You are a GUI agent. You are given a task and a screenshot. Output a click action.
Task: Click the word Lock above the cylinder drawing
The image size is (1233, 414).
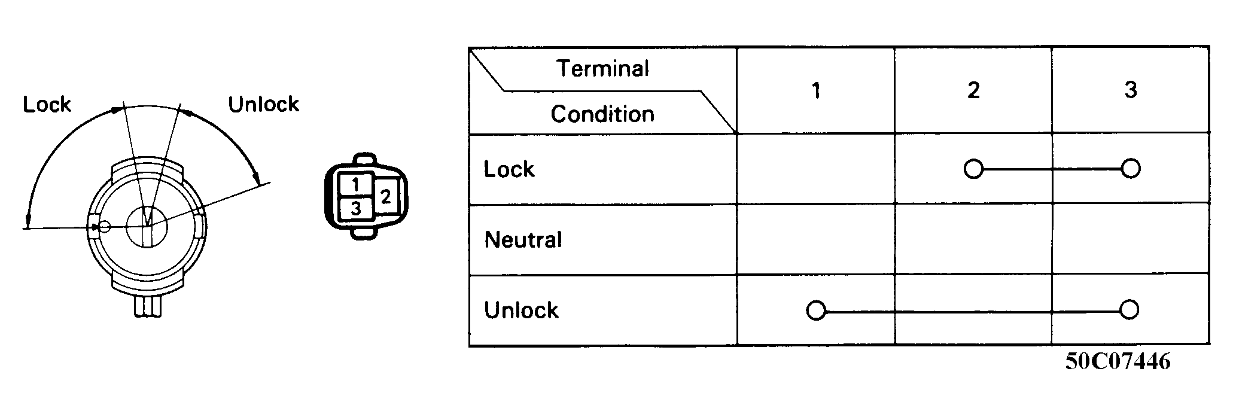point(47,105)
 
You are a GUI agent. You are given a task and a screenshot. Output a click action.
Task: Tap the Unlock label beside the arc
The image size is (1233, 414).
point(263,105)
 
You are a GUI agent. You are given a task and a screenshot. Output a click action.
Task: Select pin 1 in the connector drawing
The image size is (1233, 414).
point(355,184)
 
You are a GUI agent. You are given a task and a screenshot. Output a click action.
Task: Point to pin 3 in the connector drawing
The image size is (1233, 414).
point(355,209)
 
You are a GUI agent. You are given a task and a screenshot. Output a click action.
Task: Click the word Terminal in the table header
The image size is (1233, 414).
point(602,69)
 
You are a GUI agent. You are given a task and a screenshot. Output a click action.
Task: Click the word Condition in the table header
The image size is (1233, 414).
point(602,114)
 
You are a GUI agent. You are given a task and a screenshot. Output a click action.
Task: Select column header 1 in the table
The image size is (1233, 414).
point(816,90)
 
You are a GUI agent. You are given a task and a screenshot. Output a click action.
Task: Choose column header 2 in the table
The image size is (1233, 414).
point(973,90)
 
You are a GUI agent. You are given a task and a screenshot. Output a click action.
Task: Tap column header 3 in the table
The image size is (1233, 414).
point(1130,90)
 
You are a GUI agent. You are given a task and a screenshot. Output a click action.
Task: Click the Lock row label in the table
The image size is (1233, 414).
point(509,169)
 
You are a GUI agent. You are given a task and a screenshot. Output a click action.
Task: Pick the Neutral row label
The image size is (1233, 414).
point(523,240)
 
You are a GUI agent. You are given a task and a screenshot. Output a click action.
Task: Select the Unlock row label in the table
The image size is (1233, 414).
point(521,310)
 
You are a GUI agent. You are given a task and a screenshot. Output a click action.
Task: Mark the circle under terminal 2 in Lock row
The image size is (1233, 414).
point(973,169)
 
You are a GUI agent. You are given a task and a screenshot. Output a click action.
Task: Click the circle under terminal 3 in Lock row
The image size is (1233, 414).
point(1130,169)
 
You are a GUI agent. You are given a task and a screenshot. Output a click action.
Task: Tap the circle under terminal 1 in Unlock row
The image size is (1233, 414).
point(816,311)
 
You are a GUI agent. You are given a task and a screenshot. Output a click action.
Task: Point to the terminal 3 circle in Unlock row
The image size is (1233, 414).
point(1129,310)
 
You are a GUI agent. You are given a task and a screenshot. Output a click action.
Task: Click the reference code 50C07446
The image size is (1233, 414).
point(1118,362)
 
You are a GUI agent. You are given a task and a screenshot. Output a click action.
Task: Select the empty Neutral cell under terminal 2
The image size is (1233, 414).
point(973,240)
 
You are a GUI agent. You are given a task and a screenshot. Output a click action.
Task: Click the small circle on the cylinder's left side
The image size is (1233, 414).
point(105,227)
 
